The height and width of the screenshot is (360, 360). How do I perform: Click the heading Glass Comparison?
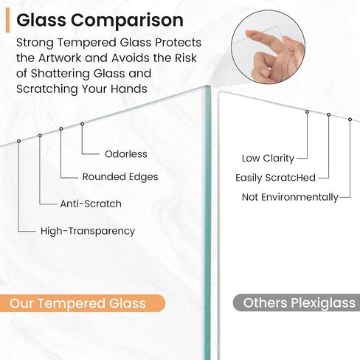pyautogui.click(x=100, y=21)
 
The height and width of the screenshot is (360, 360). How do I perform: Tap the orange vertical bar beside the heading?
pyautogui.click(x=7, y=20)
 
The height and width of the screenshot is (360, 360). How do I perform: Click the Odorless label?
pyautogui.click(x=126, y=154)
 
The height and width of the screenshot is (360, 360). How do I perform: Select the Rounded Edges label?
pyautogui.click(x=120, y=177)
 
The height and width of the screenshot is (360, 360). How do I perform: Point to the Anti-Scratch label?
pyautogui.click(x=91, y=204)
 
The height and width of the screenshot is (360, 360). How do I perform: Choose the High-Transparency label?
pyautogui.click(x=88, y=231)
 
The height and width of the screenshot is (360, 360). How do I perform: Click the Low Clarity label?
pyautogui.click(x=268, y=159)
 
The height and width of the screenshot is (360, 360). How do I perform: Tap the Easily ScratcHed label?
pyautogui.click(x=275, y=178)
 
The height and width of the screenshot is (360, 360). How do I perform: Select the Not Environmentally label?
pyautogui.click(x=290, y=198)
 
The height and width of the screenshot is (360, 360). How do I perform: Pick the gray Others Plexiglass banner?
pyautogui.click(x=297, y=302)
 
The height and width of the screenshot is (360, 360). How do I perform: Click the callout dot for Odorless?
pyautogui.click(x=83, y=124)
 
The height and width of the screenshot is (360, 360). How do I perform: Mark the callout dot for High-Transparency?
pyautogui.click(x=18, y=141)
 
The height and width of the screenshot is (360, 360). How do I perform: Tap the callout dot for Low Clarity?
pyautogui.click(x=307, y=112)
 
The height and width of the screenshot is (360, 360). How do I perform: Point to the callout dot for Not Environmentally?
pyautogui.click(x=350, y=120)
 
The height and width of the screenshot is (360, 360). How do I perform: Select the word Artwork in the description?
pyautogui.click(x=60, y=58)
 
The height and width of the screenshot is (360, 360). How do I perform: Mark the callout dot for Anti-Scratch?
pyautogui.click(x=40, y=136)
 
